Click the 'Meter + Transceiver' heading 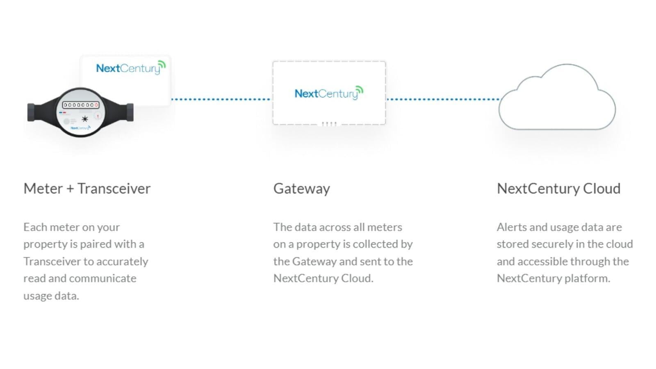click(87, 189)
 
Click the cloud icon click(557, 97)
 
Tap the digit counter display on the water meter click(81, 105)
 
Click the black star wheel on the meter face click(85, 119)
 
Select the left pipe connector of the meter click(31, 112)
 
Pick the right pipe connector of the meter click(130, 112)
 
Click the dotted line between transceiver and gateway click(221, 99)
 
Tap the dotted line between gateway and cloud click(443, 99)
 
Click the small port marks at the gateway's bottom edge click(329, 124)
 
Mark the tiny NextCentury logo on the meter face click(80, 128)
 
